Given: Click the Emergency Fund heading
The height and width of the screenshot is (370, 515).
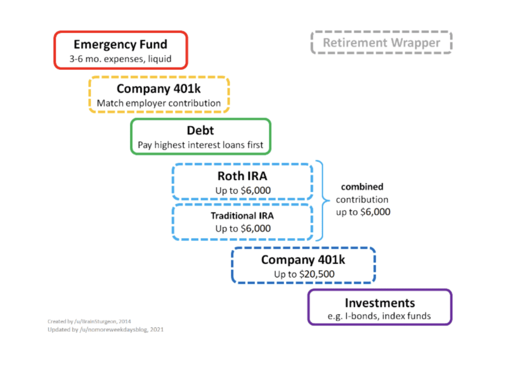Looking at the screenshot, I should pyautogui.click(x=120, y=44).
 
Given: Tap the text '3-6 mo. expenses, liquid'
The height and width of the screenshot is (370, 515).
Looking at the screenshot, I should pyautogui.click(x=120, y=59).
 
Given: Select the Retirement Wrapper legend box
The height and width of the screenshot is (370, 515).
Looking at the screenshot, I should pyautogui.click(x=381, y=43).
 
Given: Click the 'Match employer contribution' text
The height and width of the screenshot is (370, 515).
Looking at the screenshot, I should pyautogui.click(x=159, y=103).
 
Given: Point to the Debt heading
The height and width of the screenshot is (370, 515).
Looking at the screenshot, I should pyautogui.click(x=200, y=131).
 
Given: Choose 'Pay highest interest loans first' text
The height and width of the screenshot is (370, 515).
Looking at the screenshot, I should pyautogui.click(x=200, y=145).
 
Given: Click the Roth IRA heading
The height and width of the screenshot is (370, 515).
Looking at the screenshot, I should pyautogui.click(x=242, y=176).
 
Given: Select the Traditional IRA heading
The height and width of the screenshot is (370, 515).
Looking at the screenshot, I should pyautogui.click(x=242, y=216).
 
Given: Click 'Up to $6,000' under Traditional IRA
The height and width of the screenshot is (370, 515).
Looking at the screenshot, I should pyautogui.click(x=242, y=229).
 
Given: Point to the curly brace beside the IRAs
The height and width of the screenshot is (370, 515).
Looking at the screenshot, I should pyautogui.click(x=320, y=200).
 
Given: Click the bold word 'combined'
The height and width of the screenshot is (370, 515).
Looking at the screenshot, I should pyautogui.click(x=362, y=187).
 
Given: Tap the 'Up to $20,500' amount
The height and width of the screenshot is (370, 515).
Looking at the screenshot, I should pyautogui.click(x=303, y=274).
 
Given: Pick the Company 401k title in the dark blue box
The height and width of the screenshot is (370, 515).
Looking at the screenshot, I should pyautogui.click(x=303, y=260).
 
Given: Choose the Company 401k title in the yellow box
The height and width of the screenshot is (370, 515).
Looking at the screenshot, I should pyautogui.click(x=159, y=89).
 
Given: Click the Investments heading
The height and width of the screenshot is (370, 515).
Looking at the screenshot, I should pyautogui.click(x=380, y=303).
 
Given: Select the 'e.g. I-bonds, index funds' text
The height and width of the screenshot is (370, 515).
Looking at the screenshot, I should pyautogui.click(x=380, y=317).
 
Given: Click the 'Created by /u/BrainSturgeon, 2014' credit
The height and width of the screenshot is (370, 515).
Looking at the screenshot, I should pyautogui.click(x=89, y=321).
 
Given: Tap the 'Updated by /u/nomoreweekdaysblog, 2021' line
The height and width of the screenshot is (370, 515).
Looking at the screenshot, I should pyautogui.click(x=105, y=330).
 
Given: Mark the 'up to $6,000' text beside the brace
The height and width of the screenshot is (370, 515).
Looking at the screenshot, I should pyautogui.click(x=363, y=212).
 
